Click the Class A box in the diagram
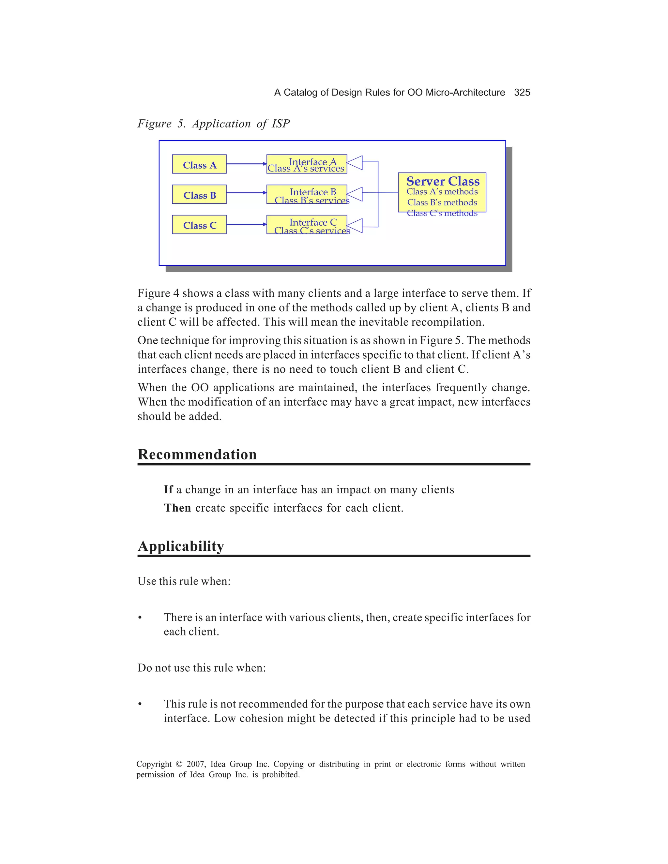click(199, 164)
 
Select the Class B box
click(199, 194)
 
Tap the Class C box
click(199, 225)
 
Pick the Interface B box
click(307, 194)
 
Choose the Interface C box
click(307, 225)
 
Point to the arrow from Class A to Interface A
click(246, 164)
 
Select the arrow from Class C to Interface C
click(246, 224)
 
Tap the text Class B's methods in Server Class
click(442, 202)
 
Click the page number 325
click(522, 93)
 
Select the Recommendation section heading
click(197, 454)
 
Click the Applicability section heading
click(181, 546)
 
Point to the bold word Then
click(177, 508)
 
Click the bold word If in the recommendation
click(168, 490)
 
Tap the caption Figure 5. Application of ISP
click(213, 124)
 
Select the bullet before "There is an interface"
click(140, 618)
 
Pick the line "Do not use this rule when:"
click(202, 668)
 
